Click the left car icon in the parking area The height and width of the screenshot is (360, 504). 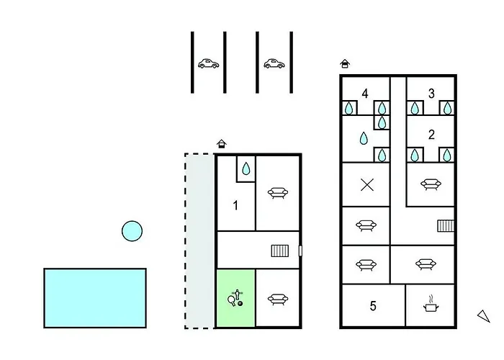pyautogui.click(x=208, y=63)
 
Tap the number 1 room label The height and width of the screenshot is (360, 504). pyautogui.click(x=235, y=206)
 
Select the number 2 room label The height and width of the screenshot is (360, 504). pyautogui.click(x=431, y=134)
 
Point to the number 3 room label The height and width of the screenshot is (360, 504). pyautogui.click(x=431, y=93)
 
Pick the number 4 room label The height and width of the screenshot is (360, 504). pyautogui.click(x=365, y=94)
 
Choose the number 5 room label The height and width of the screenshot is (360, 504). pyautogui.click(x=373, y=306)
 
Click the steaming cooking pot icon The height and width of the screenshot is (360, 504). pyautogui.click(x=431, y=305)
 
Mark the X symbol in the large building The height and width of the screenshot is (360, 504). pyautogui.click(x=366, y=185)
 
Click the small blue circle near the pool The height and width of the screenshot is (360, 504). pyautogui.click(x=132, y=231)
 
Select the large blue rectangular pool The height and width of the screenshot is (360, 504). pyautogui.click(x=95, y=297)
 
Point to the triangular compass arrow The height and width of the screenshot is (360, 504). pyautogui.click(x=484, y=315)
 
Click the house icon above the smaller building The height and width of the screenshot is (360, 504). pyautogui.click(x=222, y=144)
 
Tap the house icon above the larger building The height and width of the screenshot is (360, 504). pyautogui.click(x=345, y=63)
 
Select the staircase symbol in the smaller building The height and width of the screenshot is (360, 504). pyautogui.click(x=279, y=251)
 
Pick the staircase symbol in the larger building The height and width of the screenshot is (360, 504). pyautogui.click(x=446, y=226)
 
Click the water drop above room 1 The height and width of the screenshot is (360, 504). pyautogui.click(x=246, y=169)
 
